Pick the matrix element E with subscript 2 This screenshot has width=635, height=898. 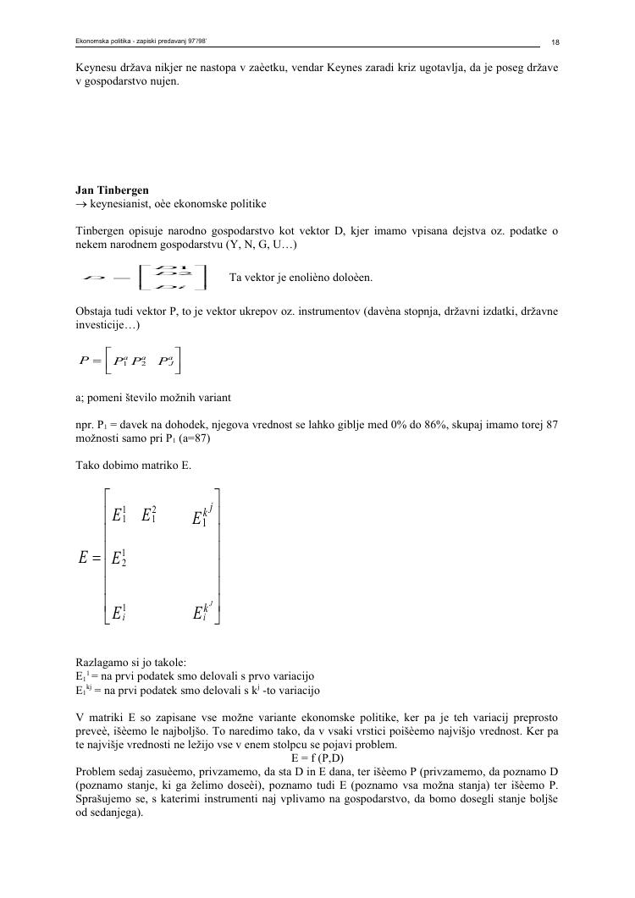pos(119,558)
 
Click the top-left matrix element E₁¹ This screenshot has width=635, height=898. pos(119,515)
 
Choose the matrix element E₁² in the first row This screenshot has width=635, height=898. pos(149,515)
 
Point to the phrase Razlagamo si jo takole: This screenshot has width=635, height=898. pos(131,663)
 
